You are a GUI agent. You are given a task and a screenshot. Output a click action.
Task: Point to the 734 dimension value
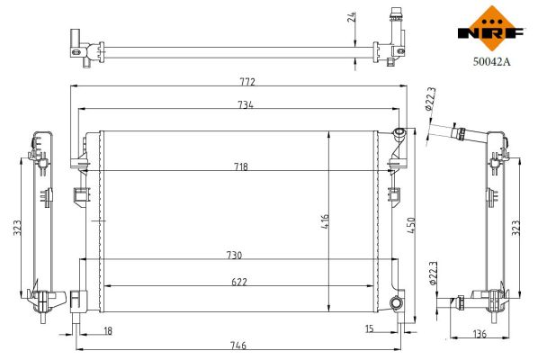246,105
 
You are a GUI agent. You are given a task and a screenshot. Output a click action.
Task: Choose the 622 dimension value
238,282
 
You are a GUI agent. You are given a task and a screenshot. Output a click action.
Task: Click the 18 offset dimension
108,331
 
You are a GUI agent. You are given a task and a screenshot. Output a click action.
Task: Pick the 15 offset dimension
370,329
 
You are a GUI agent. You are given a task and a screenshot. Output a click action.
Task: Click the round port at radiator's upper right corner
398,136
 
